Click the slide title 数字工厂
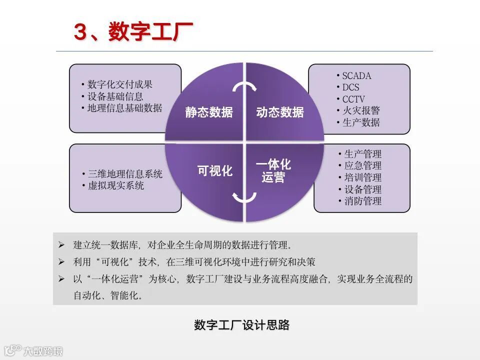133,32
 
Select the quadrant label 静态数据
209,112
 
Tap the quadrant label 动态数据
280,112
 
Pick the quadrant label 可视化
215,171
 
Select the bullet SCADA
356,76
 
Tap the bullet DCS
350,87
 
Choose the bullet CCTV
353,99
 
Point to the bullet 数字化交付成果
120,84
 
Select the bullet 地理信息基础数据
124,108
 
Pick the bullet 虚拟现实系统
116,186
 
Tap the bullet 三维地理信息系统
125,174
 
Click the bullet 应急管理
362,165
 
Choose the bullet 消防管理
362,201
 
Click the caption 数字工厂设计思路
241,325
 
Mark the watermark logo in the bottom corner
33,350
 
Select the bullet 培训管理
362,177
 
